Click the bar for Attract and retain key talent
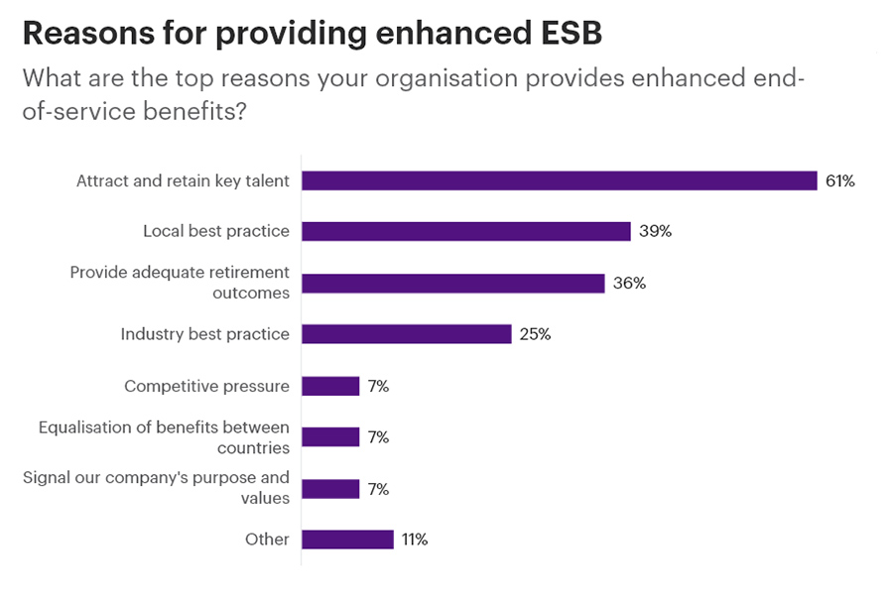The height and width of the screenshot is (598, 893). point(559,180)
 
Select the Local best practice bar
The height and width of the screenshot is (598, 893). point(465,231)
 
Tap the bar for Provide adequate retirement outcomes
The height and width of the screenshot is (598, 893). point(452,283)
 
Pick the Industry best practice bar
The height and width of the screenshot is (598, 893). point(406,334)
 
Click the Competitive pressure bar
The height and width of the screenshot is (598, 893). point(330,386)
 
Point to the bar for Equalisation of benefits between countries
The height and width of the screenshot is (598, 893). point(330,437)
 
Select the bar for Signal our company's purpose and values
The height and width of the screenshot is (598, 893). point(330,489)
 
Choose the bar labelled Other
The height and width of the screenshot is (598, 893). point(347,539)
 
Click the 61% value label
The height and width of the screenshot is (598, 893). point(839,180)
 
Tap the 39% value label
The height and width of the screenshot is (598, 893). point(656,231)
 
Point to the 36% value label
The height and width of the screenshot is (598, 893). point(629,283)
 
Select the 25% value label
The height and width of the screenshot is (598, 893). point(535,334)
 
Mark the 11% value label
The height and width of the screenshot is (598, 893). point(415,539)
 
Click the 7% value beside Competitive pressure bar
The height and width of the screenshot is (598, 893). point(378,386)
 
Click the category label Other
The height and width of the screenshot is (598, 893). point(267,539)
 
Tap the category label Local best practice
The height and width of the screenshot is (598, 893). point(216,231)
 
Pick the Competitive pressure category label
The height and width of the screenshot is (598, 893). point(206,386)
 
